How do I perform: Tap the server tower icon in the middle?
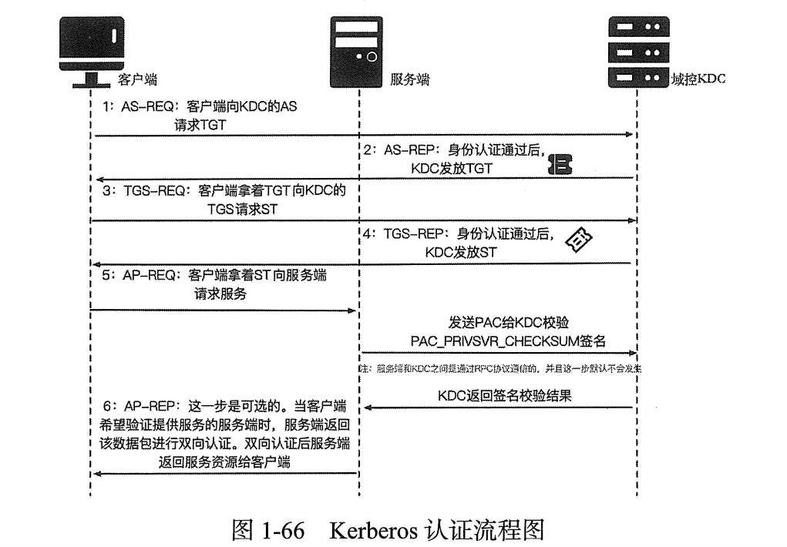357,52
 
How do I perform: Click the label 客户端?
138,79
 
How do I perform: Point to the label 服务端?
410,79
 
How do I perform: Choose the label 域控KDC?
698,79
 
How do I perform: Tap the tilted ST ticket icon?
579,241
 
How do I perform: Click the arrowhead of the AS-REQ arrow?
630,136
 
